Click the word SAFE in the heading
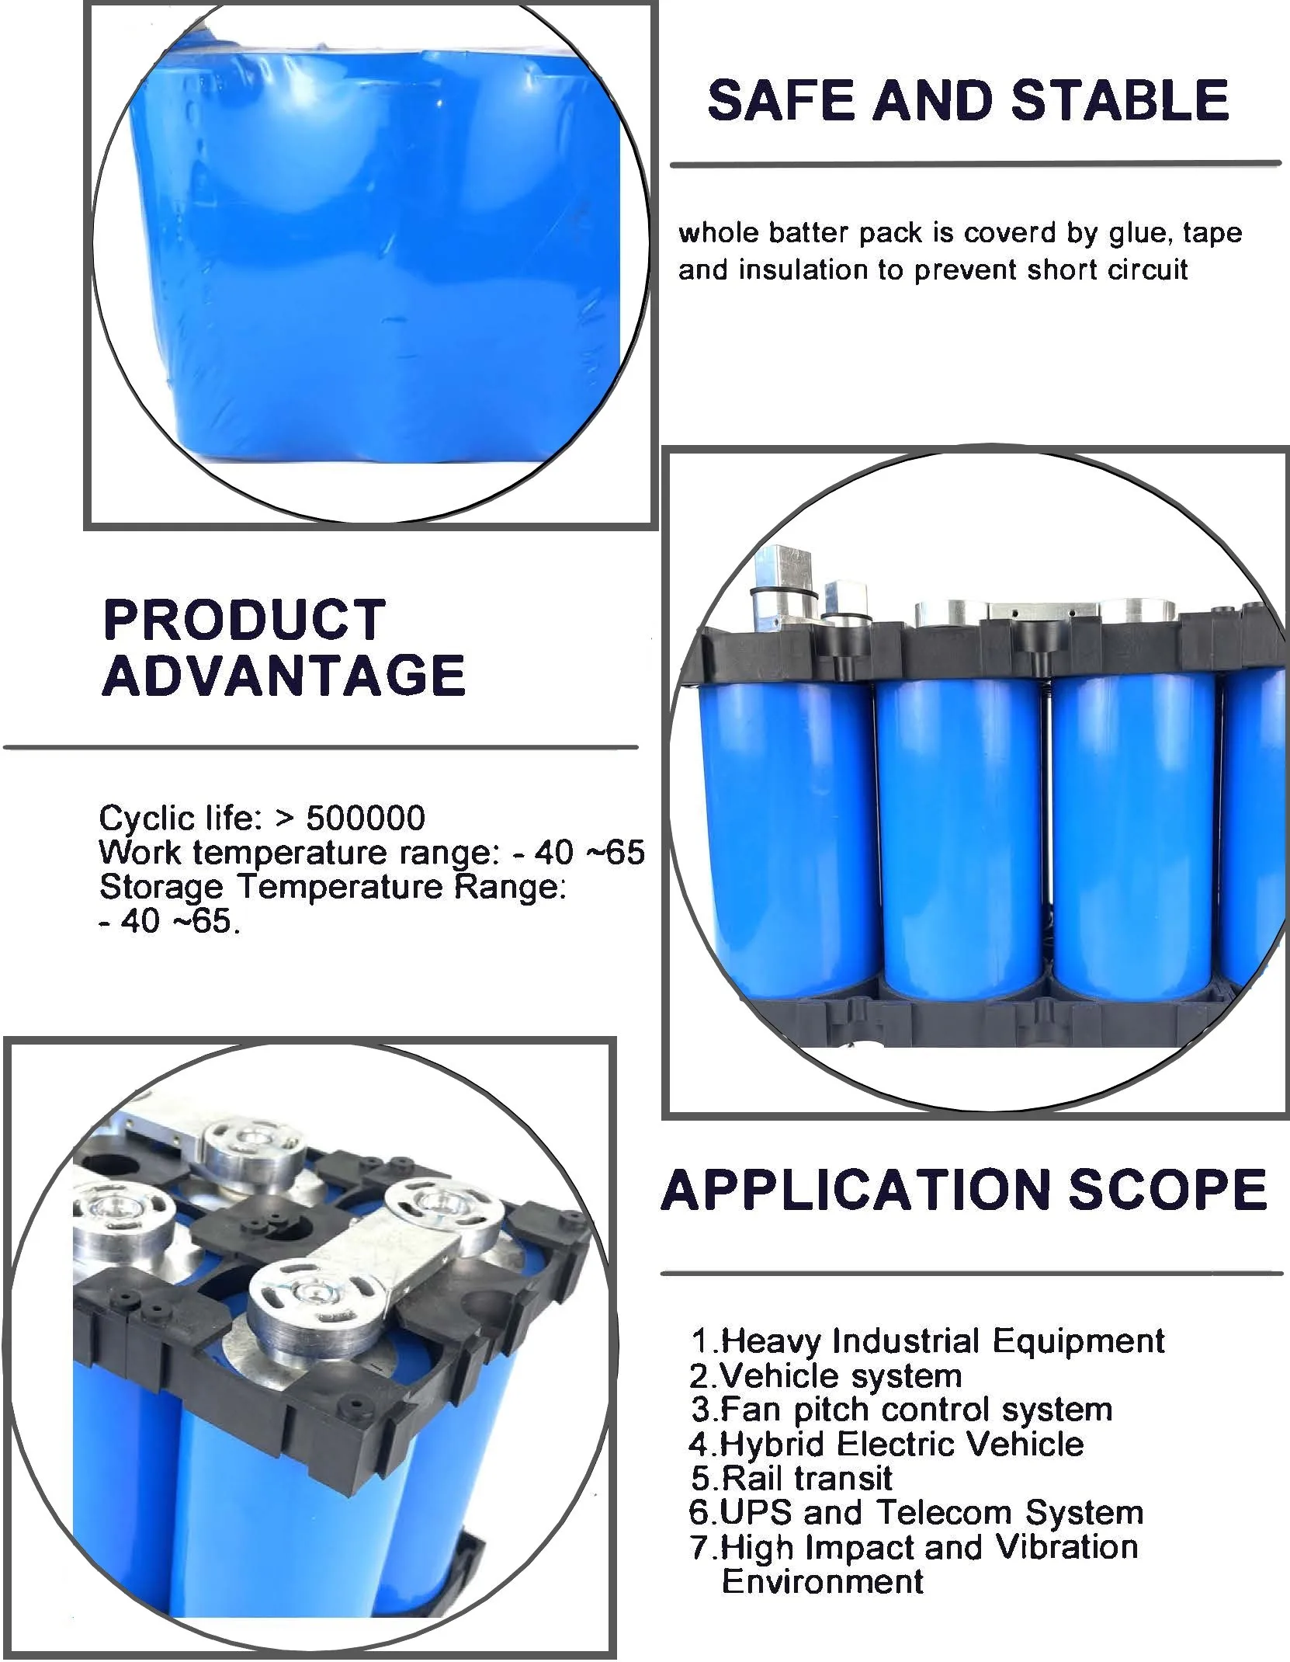[782, 100]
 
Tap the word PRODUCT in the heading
[244, 619]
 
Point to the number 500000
[366, 818]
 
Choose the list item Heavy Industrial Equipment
[928, 1340]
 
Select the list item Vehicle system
[825, 1375]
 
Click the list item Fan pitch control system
[901, 1409]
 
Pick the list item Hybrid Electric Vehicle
[886, 1444]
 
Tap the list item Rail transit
[791, 1478]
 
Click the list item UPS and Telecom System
[916, 1512]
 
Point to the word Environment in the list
[823, 1581]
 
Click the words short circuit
[1108, 269]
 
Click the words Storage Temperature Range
[333, 887]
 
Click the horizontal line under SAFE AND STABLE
[976, 164]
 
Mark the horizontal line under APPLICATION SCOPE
[971, 1274]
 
